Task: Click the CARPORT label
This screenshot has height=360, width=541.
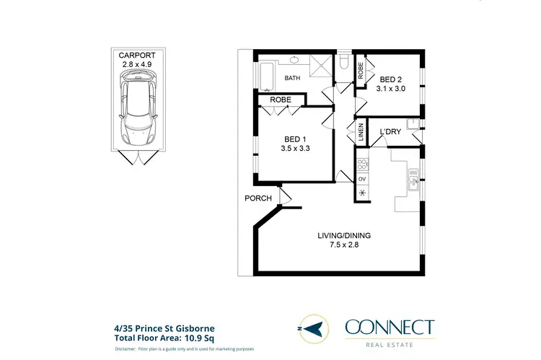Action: click(136, 54)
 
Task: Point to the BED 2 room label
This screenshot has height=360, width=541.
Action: click(391, 80)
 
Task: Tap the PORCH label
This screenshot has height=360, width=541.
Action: click(258, 198)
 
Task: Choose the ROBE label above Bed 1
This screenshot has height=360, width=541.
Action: click(281, 100)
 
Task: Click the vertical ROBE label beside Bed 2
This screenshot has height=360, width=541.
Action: click(360, 71)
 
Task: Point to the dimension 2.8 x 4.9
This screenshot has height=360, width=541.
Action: click(136, 63)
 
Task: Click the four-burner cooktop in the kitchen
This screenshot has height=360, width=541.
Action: click(361, 163)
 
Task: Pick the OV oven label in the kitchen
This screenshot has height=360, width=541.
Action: click(361, 178)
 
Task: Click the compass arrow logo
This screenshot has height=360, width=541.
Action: click(313, 330)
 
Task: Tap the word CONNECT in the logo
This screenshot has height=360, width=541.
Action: click(390, 328)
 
